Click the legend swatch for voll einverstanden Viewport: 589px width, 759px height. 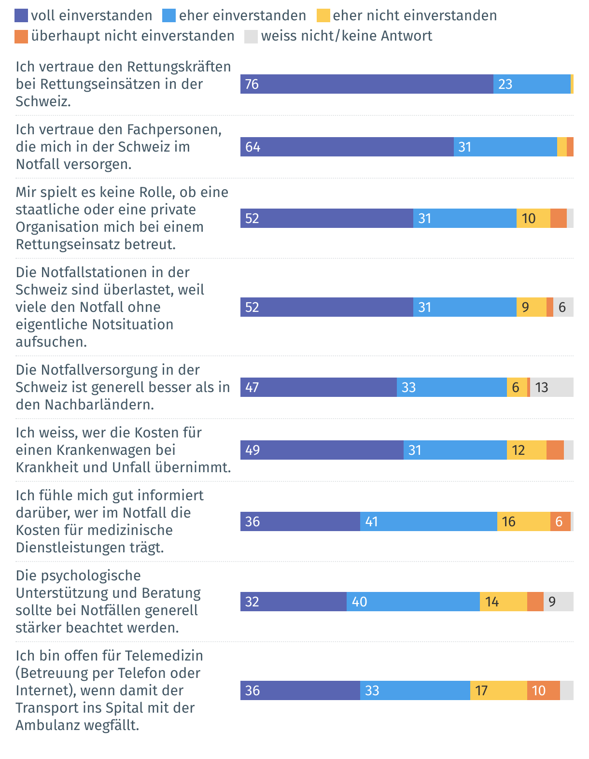[22, 15]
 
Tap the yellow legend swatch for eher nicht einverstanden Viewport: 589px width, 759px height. [323, 15]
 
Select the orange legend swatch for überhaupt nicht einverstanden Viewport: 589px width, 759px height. [22, 36]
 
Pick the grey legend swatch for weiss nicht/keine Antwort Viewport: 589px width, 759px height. [251, 36]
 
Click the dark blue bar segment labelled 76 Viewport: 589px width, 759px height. [367, 84]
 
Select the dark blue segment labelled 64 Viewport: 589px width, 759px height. [347, 147]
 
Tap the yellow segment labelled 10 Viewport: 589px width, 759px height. [533, 218]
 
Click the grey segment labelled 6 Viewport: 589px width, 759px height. [563, 307]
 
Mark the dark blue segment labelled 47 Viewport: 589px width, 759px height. [319, 387]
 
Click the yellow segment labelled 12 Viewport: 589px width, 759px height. [527, 450]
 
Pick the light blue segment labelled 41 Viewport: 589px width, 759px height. [429, 521]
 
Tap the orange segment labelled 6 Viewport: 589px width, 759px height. [561, 521]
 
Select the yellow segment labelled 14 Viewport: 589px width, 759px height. [504, 602]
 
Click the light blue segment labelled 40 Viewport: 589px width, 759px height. [413, 602]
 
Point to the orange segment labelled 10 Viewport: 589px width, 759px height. [544, 690]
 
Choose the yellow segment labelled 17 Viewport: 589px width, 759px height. [499, 690]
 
